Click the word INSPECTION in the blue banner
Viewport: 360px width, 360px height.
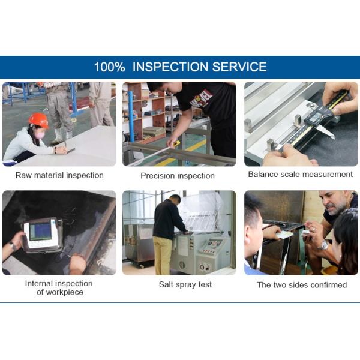click(170, 67)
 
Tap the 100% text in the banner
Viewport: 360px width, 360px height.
click(110, 67)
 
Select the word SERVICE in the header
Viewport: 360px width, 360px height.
click(239, 67)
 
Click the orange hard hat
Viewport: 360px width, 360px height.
click(38, 121)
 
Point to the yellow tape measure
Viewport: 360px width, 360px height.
click(176, 144)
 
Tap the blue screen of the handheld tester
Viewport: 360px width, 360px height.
click(41, 231)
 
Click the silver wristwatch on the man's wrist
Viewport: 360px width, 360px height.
click(324, 245)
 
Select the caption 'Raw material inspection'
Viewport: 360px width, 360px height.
click(59, 175)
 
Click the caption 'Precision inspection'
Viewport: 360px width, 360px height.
click(178, 176)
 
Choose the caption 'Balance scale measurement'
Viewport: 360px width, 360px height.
click(301, 174)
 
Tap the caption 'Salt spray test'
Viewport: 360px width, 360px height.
click(185, 284)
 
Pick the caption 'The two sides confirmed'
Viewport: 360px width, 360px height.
click(302, 285)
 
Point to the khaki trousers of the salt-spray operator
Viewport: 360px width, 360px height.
click(163, 256)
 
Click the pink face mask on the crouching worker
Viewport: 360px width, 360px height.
click(38, 135)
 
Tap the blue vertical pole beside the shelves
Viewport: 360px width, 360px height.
click(131, 116)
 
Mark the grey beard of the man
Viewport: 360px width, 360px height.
click(337, 209)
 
